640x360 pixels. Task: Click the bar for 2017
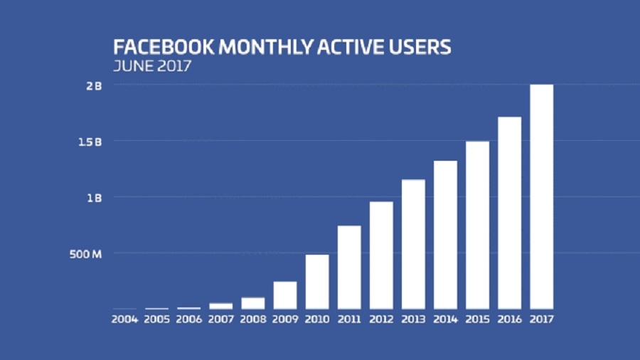[x=541, y=196]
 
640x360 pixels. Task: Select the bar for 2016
[x=509, y=213]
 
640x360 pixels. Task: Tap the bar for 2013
[x=413, y=244]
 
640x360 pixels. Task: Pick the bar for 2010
[x=317, y=282]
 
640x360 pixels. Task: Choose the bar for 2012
[x=381, y=255]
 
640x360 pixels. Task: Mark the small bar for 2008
[x=253, y=303]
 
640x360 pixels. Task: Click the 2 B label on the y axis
[x=95, y=85]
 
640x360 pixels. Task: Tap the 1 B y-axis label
[x=95, y=197]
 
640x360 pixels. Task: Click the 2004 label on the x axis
[x=124, y=319]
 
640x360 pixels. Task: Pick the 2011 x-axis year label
[x=349, y=319]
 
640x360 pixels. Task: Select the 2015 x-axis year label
[x=477, y=319]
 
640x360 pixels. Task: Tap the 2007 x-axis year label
[x=220, y=319]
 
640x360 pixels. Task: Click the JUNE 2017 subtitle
[x=151, y=67]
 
